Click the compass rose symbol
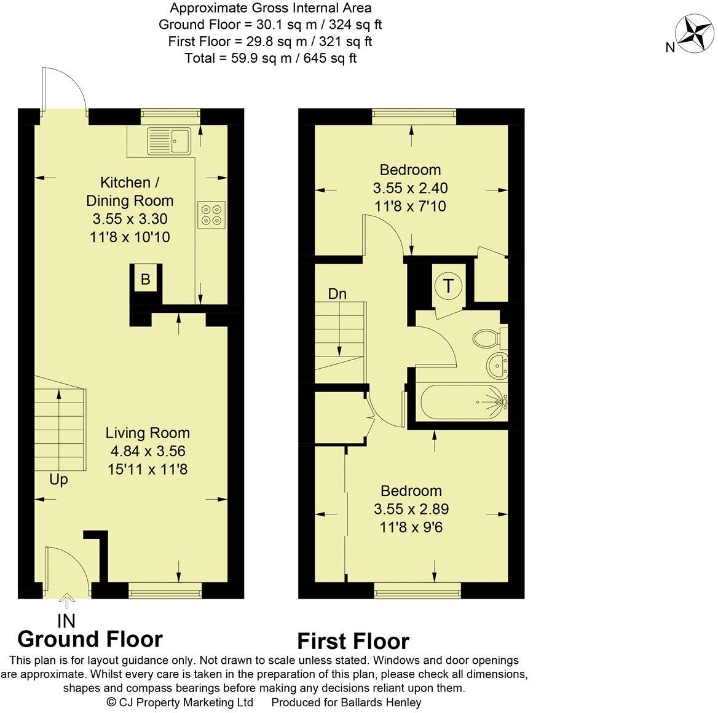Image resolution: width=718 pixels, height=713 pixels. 693,34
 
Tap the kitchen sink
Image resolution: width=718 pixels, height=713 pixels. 171,141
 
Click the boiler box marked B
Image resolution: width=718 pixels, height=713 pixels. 146,279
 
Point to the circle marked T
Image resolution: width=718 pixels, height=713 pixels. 449,286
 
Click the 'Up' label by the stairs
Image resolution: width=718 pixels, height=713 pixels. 59,479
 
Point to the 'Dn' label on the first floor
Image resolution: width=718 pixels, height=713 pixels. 337,294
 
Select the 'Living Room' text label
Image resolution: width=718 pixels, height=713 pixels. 148,433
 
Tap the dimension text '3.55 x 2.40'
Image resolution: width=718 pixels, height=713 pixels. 410,188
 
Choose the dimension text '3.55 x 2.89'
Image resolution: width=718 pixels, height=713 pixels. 411,509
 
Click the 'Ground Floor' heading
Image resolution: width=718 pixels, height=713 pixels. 90,639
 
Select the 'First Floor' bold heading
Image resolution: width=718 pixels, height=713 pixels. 353,641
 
